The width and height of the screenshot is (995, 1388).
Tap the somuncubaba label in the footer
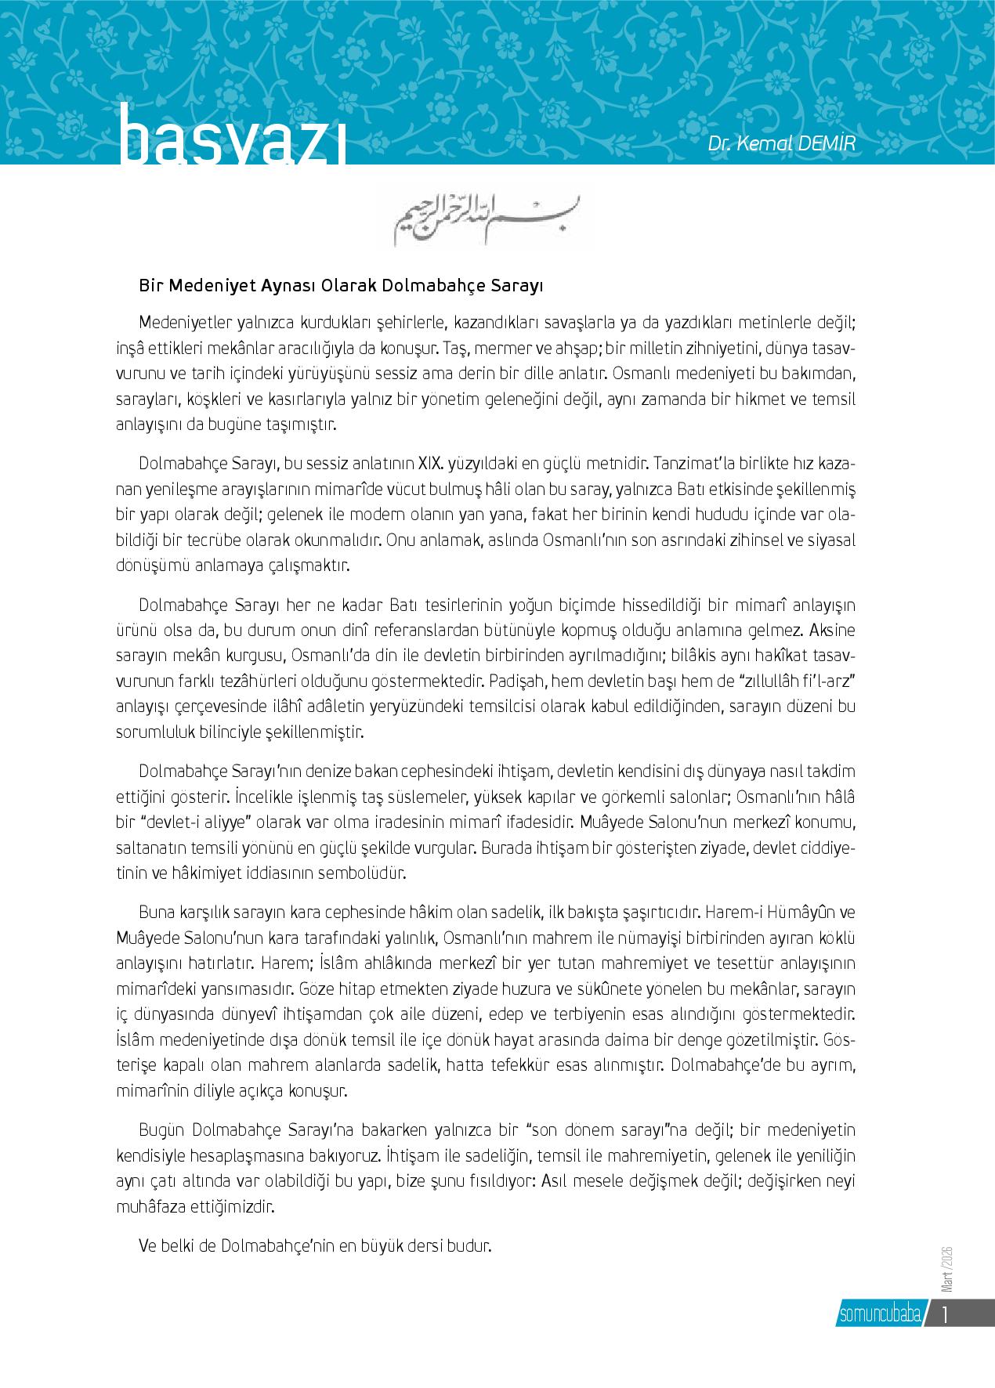[879, 1314]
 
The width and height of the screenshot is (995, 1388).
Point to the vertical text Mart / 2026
[946, 1267]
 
